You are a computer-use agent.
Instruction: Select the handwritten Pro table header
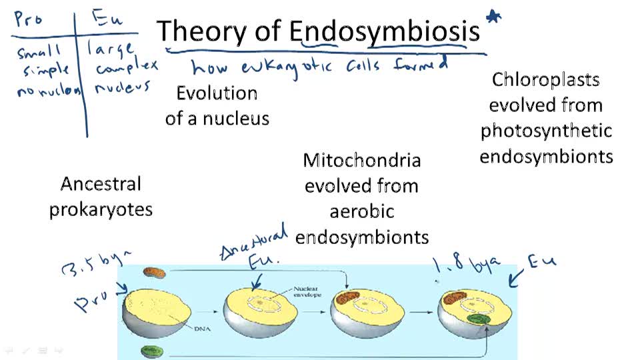pos(28,19)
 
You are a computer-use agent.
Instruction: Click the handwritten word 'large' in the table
pos(111,49)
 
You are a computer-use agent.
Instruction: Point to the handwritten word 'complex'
pos(126,67)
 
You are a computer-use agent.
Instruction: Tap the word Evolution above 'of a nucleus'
pos(217,93)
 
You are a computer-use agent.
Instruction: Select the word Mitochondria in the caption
pos(361,160)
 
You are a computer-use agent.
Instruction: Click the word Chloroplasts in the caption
pos(546,80)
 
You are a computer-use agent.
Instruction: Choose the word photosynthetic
pos(546,131)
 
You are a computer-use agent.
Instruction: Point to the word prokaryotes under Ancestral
pos(101,209)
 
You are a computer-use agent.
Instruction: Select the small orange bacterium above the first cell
pos(155,273)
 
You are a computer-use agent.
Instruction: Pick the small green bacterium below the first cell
pos(151,351)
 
